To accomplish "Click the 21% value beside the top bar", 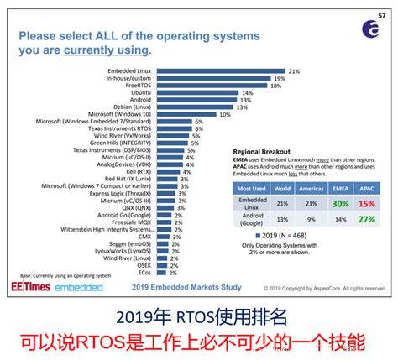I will pos(294,71).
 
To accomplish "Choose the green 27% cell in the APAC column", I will pos(366,219).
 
